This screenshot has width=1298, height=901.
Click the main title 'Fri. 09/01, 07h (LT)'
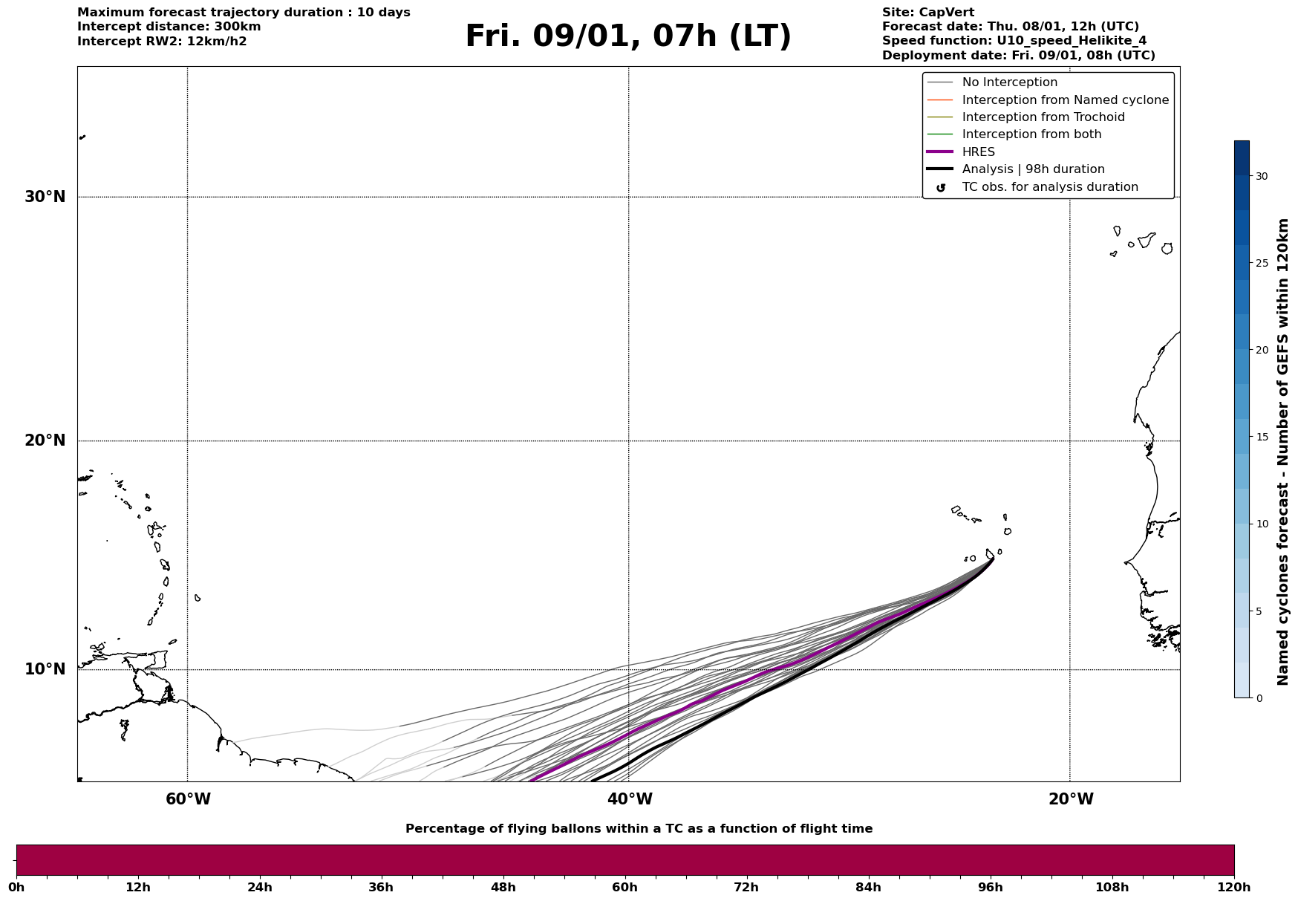pos(628,36)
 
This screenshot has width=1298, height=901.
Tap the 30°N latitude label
pos(45,197)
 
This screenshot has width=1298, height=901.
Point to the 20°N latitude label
pos(45,440)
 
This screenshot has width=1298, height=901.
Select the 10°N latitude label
pos(45,669)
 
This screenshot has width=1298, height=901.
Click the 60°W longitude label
pos(188,799)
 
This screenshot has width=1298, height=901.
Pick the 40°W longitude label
pos(630,799)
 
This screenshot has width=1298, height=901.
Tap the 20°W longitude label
pos(1071,799)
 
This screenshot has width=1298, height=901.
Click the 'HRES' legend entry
pos(978,152)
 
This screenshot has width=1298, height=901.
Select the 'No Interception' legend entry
pos(1009,82)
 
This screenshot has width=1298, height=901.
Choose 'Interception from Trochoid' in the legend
pos(1043,117)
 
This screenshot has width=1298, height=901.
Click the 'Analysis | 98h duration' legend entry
pos(1033,169)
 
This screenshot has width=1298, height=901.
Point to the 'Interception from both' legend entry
pos(1031,134)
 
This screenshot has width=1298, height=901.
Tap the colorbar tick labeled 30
pos(1261,176)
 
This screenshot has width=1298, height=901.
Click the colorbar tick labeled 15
pos(1261,437)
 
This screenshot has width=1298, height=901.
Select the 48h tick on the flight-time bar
pos(503,887)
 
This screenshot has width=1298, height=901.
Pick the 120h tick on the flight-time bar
pos(1233,887)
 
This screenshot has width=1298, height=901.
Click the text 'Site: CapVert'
pos(927,13)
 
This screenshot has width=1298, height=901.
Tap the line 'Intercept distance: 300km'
pos(169,27)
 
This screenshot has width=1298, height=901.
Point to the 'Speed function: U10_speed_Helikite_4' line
pos(1014,41)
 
